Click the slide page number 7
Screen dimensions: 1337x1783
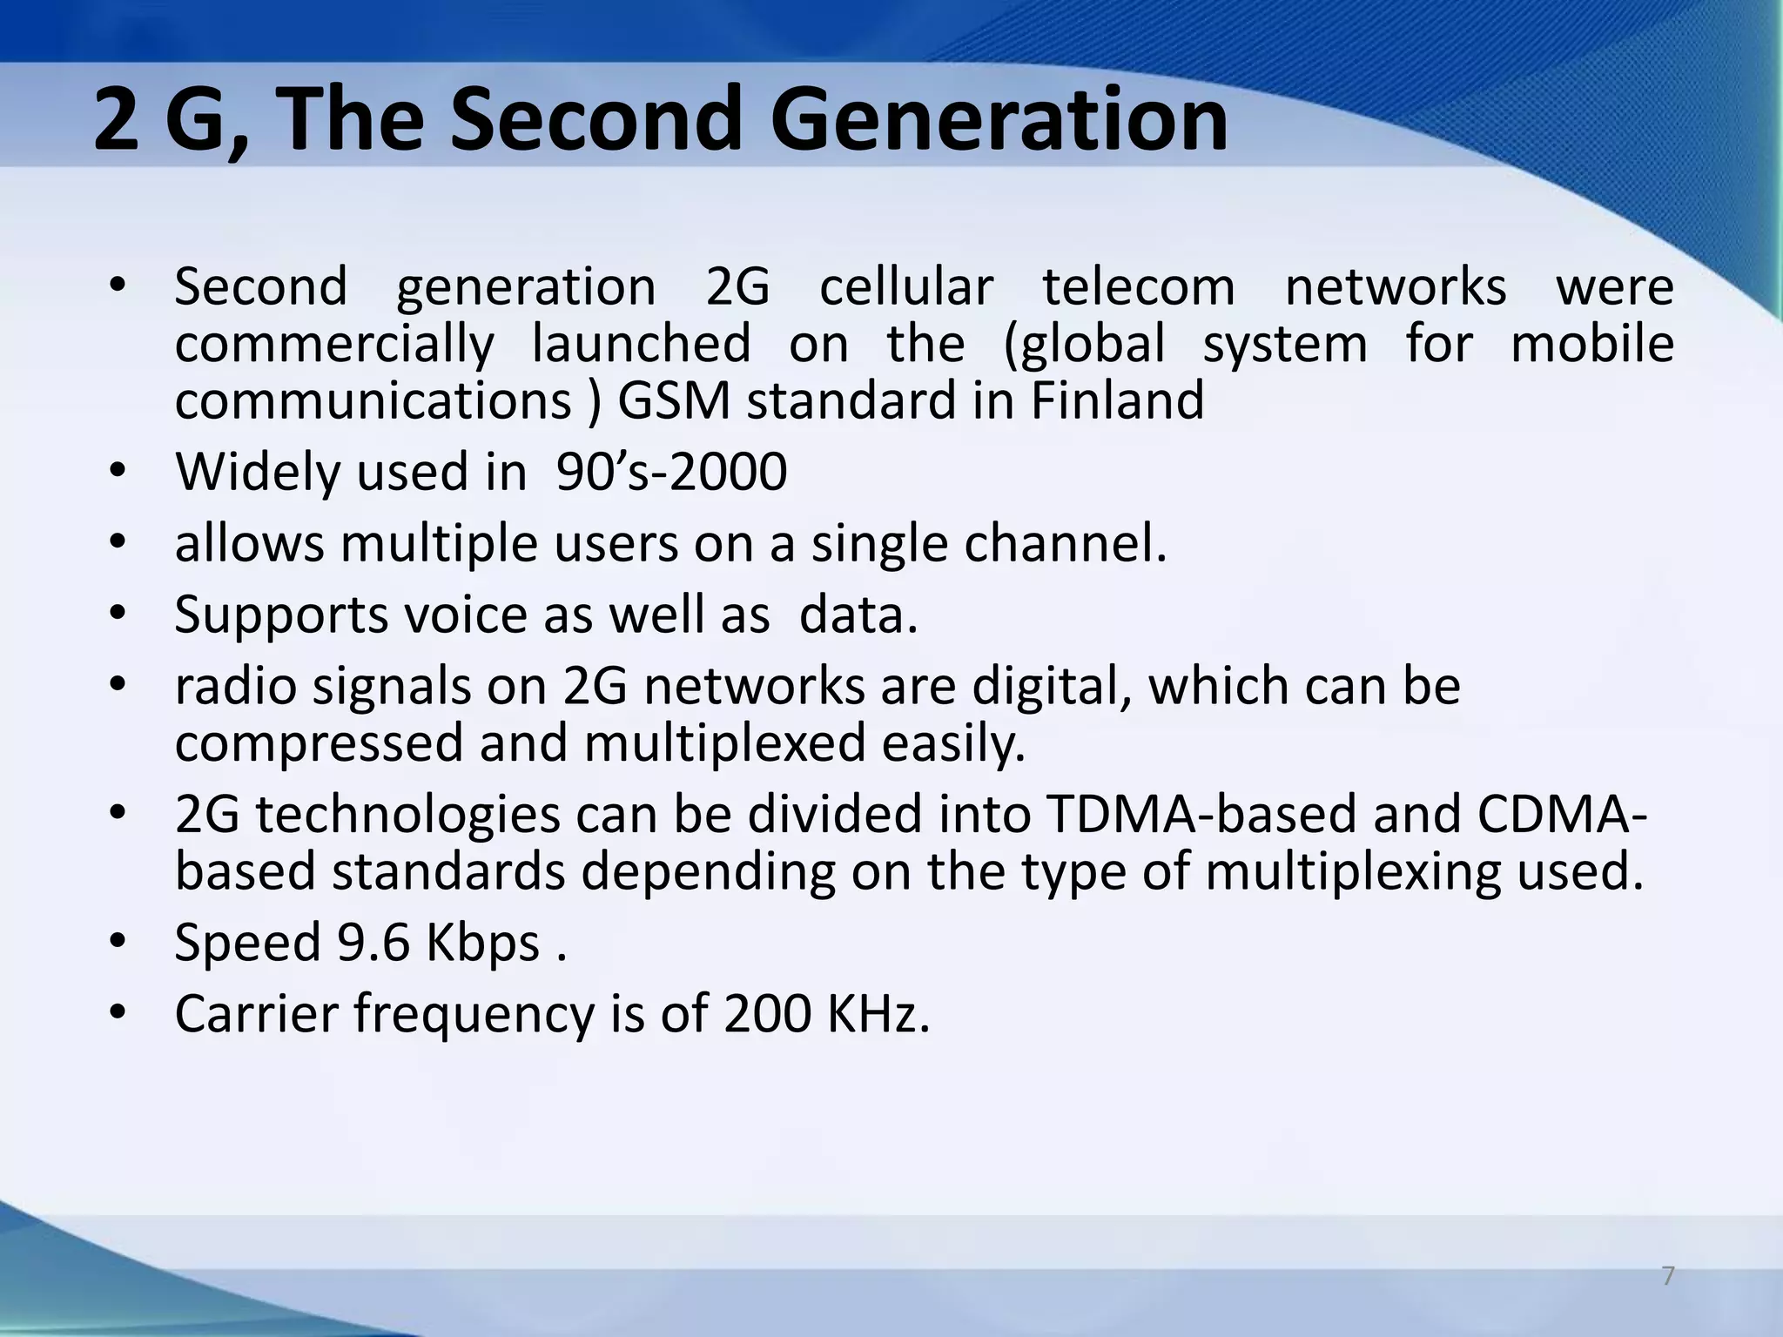(x=1667, y=1276)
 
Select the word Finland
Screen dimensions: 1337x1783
(x=1117, y=401)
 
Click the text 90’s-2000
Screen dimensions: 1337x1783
(x=671, y=473)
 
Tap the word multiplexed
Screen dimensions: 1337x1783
(x=725, y=744)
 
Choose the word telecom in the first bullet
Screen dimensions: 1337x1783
(x=1139, y=287)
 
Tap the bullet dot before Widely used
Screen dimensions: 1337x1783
(x=118, y=473)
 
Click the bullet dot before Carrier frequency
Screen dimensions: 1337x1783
(x=118, y=1014)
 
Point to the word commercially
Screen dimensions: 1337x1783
(x=334, y=344)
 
